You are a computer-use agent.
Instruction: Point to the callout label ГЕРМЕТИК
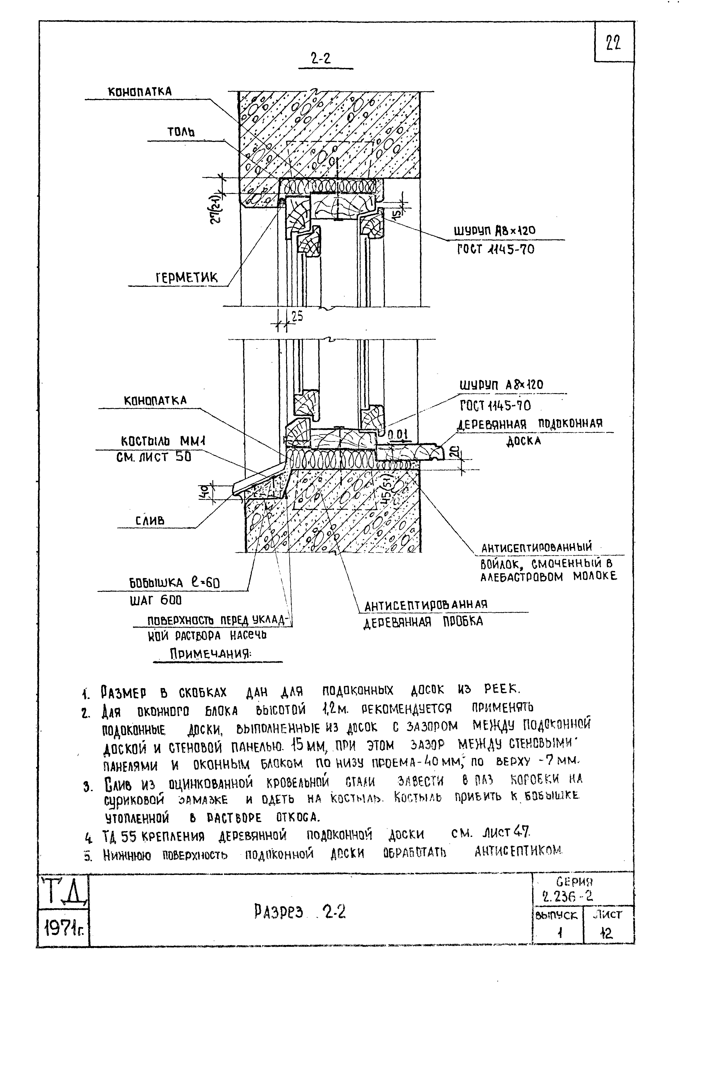(187, 277)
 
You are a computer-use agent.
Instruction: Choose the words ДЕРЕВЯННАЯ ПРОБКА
(424, 622)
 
